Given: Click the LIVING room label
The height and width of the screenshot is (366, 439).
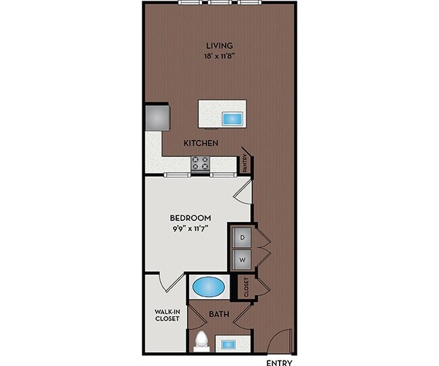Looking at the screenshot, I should pyautogui.click(x=219, y=45).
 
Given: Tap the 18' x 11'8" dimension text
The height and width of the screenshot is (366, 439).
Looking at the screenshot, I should pyautogui.click(x=219, y=57).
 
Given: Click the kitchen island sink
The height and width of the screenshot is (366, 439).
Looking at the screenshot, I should pyautogui.click(x=232, y=119).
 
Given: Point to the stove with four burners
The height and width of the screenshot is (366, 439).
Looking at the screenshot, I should pyautogui.click(x=201, y=163).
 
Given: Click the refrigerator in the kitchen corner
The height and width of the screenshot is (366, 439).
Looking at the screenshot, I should pyautogui.click(x=157, y=116).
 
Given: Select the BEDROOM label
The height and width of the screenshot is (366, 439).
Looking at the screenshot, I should pyautogui.click(x=190, y=218).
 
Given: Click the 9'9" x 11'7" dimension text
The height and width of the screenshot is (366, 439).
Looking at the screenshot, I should pyautogui.click(x=190, y=229).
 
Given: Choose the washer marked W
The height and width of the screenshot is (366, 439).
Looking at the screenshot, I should pyautogui.click(x=242, y=259).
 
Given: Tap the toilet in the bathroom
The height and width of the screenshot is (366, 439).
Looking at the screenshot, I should pyautogui.click(x=200, y=341).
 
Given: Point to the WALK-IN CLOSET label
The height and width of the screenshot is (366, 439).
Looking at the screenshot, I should pyautogui.click(x=166, y=315).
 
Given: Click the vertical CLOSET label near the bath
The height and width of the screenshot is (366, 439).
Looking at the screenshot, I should pyautogui.click(x=247, y=286).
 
